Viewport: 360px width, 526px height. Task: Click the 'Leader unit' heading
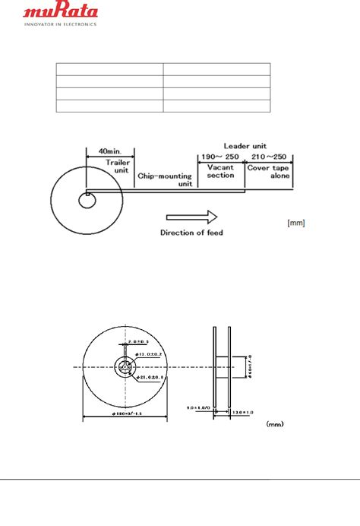[x=243, y=144]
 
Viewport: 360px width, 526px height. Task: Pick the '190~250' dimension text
[x=219, y=156]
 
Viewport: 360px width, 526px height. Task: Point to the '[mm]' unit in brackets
[x=296, y=223]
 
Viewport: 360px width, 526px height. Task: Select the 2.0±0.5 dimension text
[x=141, y=343]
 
